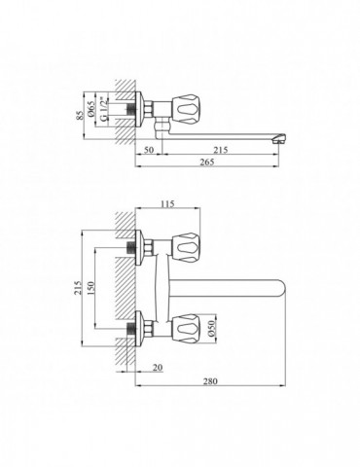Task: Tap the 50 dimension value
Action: click(x=148, y=150)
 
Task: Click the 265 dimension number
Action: click(x=207, y=162)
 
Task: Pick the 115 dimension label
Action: click(x=167, y=203)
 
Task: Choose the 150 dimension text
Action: click(x=91, y=287)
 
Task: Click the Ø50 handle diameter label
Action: click(x=211, y=328)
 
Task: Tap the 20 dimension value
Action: click(x=158, y=368)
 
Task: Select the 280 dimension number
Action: click(x=210, y=381)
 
